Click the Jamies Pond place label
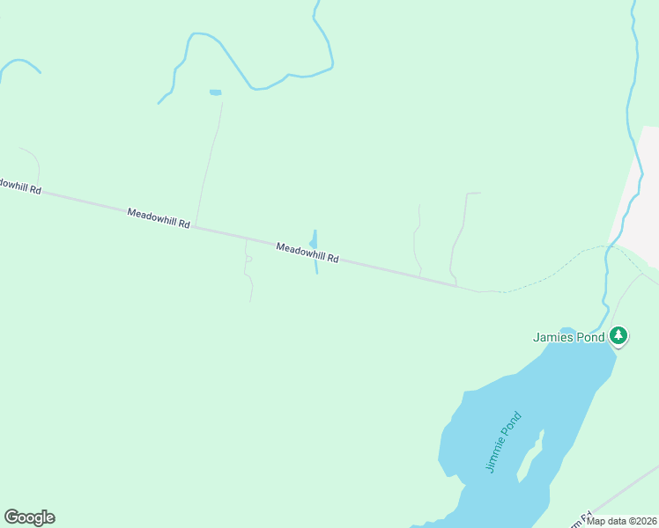pyautogui.click(x=569, y=337)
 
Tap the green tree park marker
pyautogui.click(x=618, y=335)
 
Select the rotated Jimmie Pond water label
pyautogui.click(x=504, y=443)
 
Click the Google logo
pyautogui.click(x=29, y=517)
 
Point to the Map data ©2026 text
pyautogui.click(x=622, y=521)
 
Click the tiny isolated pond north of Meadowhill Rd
pyautogui.click(x=215, y=92)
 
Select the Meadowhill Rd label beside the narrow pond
pyautogui.click(x=307, y=253)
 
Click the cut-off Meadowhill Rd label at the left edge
pyautogui.click(x=19, y=187)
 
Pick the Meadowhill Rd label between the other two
pyautogui.click(x=159, y=218)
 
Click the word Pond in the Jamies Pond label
pyautogui.click(x=592, y=337)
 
